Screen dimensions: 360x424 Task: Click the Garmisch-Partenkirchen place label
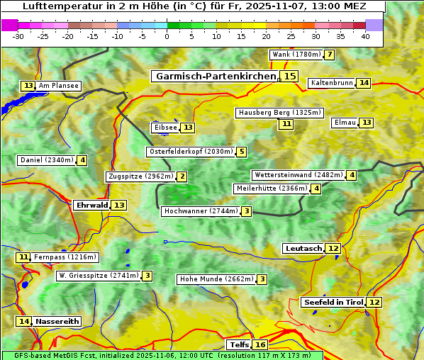(x=215, y=77)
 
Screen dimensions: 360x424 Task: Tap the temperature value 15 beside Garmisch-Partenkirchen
(x=289, y=77)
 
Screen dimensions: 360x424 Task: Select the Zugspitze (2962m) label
(x=140, y=176)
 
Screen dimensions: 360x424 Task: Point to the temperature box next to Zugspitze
(x=182, y=176)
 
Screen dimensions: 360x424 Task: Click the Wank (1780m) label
(x=296, y=55)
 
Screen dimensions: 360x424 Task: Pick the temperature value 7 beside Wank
(x=329, y=55)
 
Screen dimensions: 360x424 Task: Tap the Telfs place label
(x=238, y=345)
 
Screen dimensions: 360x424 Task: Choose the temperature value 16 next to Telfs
(x=261, y=345)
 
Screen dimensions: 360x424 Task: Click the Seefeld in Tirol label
(x=333, y=303)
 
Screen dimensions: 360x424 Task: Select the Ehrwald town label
(x=91, y=206)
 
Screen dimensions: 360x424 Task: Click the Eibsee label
(x=164, y=128)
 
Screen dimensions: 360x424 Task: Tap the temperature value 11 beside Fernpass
(x=23, y=257)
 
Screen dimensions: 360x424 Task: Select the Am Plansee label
(x=58, y=86)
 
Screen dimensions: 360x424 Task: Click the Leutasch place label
(x=303, y=248)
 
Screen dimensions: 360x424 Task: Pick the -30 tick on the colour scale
(x=18, y=36)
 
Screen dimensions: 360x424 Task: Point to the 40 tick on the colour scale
(x=365, y=36)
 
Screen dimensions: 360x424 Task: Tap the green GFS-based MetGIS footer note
(x=162, y=355)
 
